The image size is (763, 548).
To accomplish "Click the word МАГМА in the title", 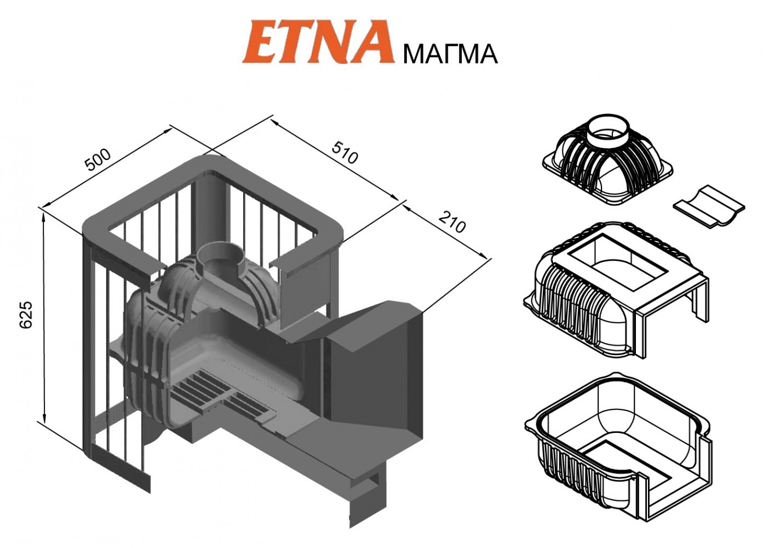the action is [x=450, y=55].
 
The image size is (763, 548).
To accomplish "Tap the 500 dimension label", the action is [x=98, y=159].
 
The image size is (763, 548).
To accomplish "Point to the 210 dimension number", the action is [x=452, y=222].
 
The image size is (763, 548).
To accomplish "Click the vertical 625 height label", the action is [x=26, y=314].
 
